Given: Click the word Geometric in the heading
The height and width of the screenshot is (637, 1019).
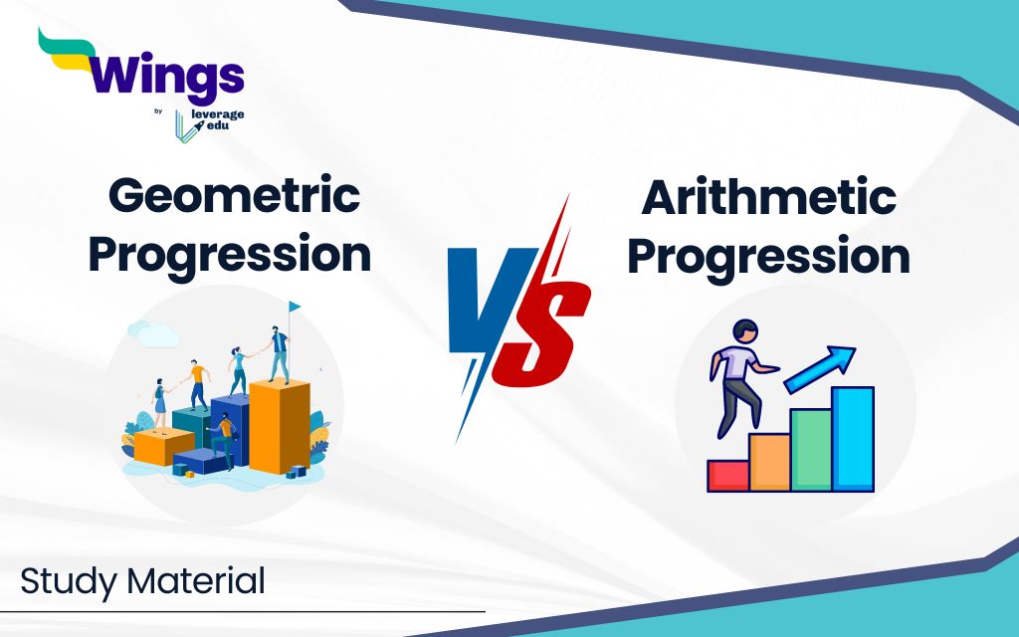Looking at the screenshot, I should tap(234, 196).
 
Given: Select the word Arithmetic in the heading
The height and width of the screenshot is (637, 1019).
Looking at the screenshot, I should tap(768, 198).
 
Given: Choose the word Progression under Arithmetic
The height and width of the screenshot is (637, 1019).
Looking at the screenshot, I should tap(768, 257).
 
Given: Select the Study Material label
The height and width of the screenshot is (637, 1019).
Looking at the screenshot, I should tap(142, 581).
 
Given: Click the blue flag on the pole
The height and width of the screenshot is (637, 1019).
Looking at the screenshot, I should tap(295, 307).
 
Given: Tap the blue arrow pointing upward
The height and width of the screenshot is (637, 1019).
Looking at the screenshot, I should tap(821, 368).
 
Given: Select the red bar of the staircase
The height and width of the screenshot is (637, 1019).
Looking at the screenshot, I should tap(727, 475).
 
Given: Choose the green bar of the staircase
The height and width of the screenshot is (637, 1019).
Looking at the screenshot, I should tap(811, 450).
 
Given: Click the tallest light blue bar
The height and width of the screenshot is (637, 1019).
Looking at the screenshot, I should tap(853, 439).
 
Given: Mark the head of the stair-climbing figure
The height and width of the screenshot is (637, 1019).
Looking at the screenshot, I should tap(742, 331).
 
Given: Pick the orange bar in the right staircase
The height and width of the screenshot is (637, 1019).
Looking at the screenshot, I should tap(769, 462).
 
